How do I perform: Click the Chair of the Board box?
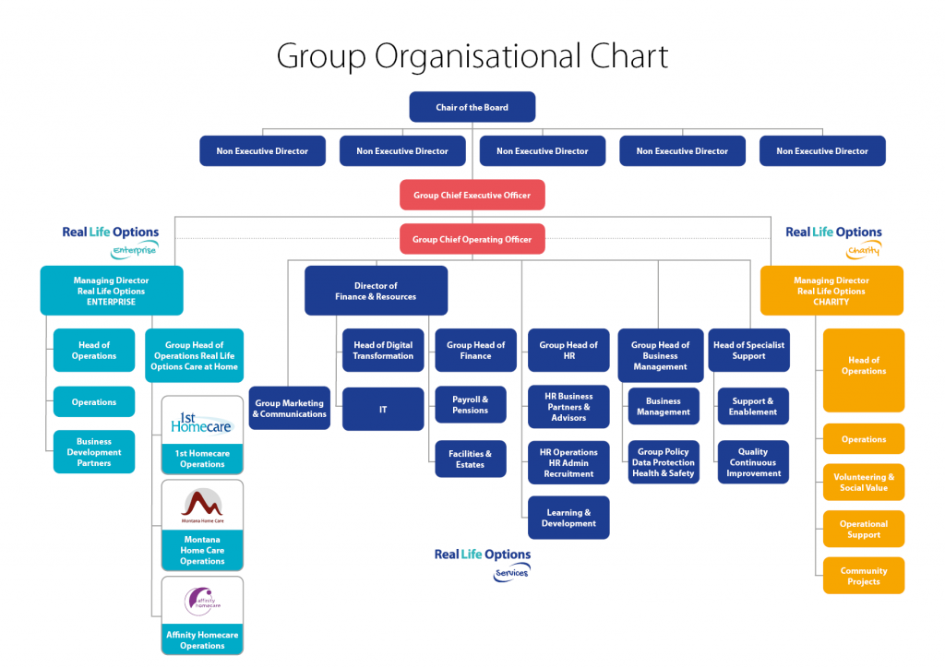(472, 107)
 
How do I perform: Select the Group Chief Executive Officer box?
(472, 196)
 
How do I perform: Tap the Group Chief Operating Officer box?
(472, 240)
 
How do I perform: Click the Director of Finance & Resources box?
(376, 291)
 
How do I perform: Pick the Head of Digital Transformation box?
(383, 351)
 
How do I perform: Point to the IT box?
(383, 409)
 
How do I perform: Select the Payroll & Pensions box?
(470, 405)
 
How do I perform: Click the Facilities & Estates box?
(470, 459)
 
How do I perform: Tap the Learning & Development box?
(568, 518)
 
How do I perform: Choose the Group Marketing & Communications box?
(289, 409)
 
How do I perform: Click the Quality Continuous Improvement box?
(753, 462)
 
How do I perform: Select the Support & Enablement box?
(753, 406)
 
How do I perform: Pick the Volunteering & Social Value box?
(864, 482)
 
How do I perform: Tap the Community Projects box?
(864, 576)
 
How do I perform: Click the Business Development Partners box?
(93, 452)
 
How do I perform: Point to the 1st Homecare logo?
(202, 421)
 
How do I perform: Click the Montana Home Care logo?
(202, 506)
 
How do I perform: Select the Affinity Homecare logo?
(202, 601)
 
